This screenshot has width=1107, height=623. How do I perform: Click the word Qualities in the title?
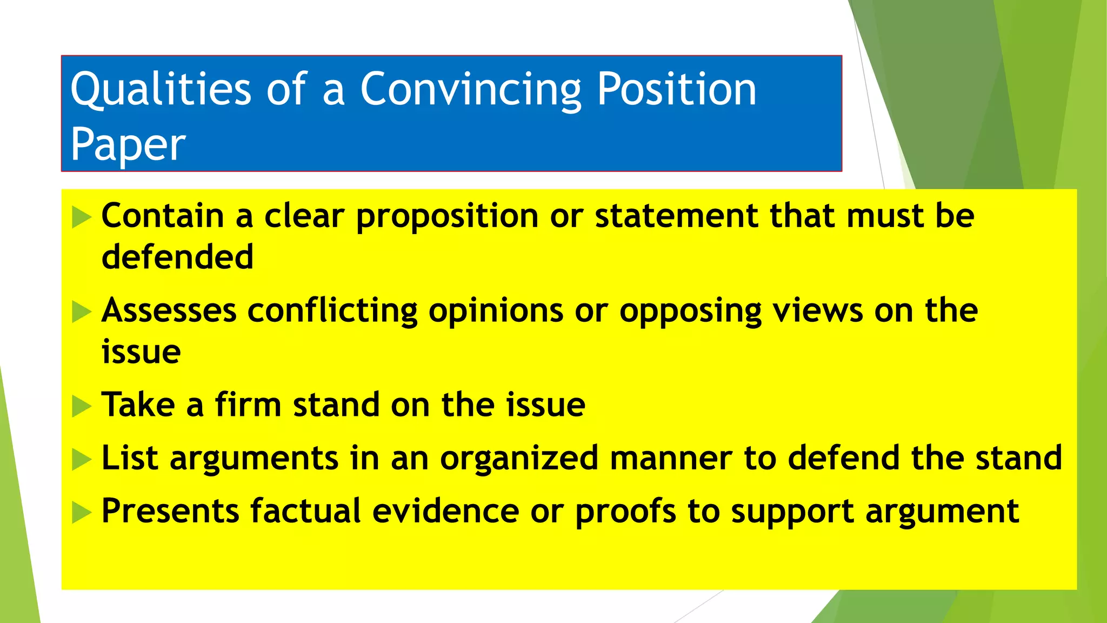click(x=161, y=89)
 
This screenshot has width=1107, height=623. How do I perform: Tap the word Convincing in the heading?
click(x=471, y=89)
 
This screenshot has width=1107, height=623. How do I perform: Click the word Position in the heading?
click(x=677, y=89)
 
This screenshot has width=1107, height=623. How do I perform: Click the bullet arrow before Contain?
click(x=82, y=217)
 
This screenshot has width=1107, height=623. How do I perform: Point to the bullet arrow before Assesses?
click(x=82, y=312)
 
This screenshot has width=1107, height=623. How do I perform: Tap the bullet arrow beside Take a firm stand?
click(x=82, y=406)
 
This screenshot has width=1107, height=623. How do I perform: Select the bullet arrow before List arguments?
click(x=82, y=460)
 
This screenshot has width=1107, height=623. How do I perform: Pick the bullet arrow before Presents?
click(x=82, y=513)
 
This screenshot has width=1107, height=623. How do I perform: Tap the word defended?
click(x=177, y=256)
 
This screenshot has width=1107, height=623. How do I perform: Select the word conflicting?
click(x=332, y=311)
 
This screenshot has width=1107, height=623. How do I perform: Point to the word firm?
click(x=248, y=405)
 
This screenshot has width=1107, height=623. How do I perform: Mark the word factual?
click(x=305, y=511)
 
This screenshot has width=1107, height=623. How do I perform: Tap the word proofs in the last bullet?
click(x=625, y=511)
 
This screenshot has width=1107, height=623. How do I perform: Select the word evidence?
click(x=445, y=511)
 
